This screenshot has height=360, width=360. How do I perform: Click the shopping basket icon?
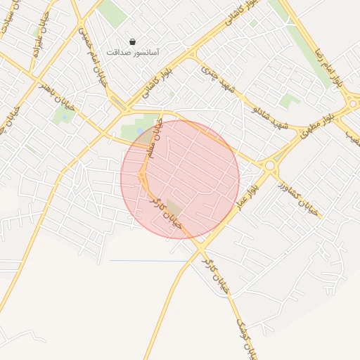(133, 41)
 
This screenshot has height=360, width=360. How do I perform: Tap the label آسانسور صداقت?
(133, 53)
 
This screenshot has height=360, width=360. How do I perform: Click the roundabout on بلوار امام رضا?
(354, 104)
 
